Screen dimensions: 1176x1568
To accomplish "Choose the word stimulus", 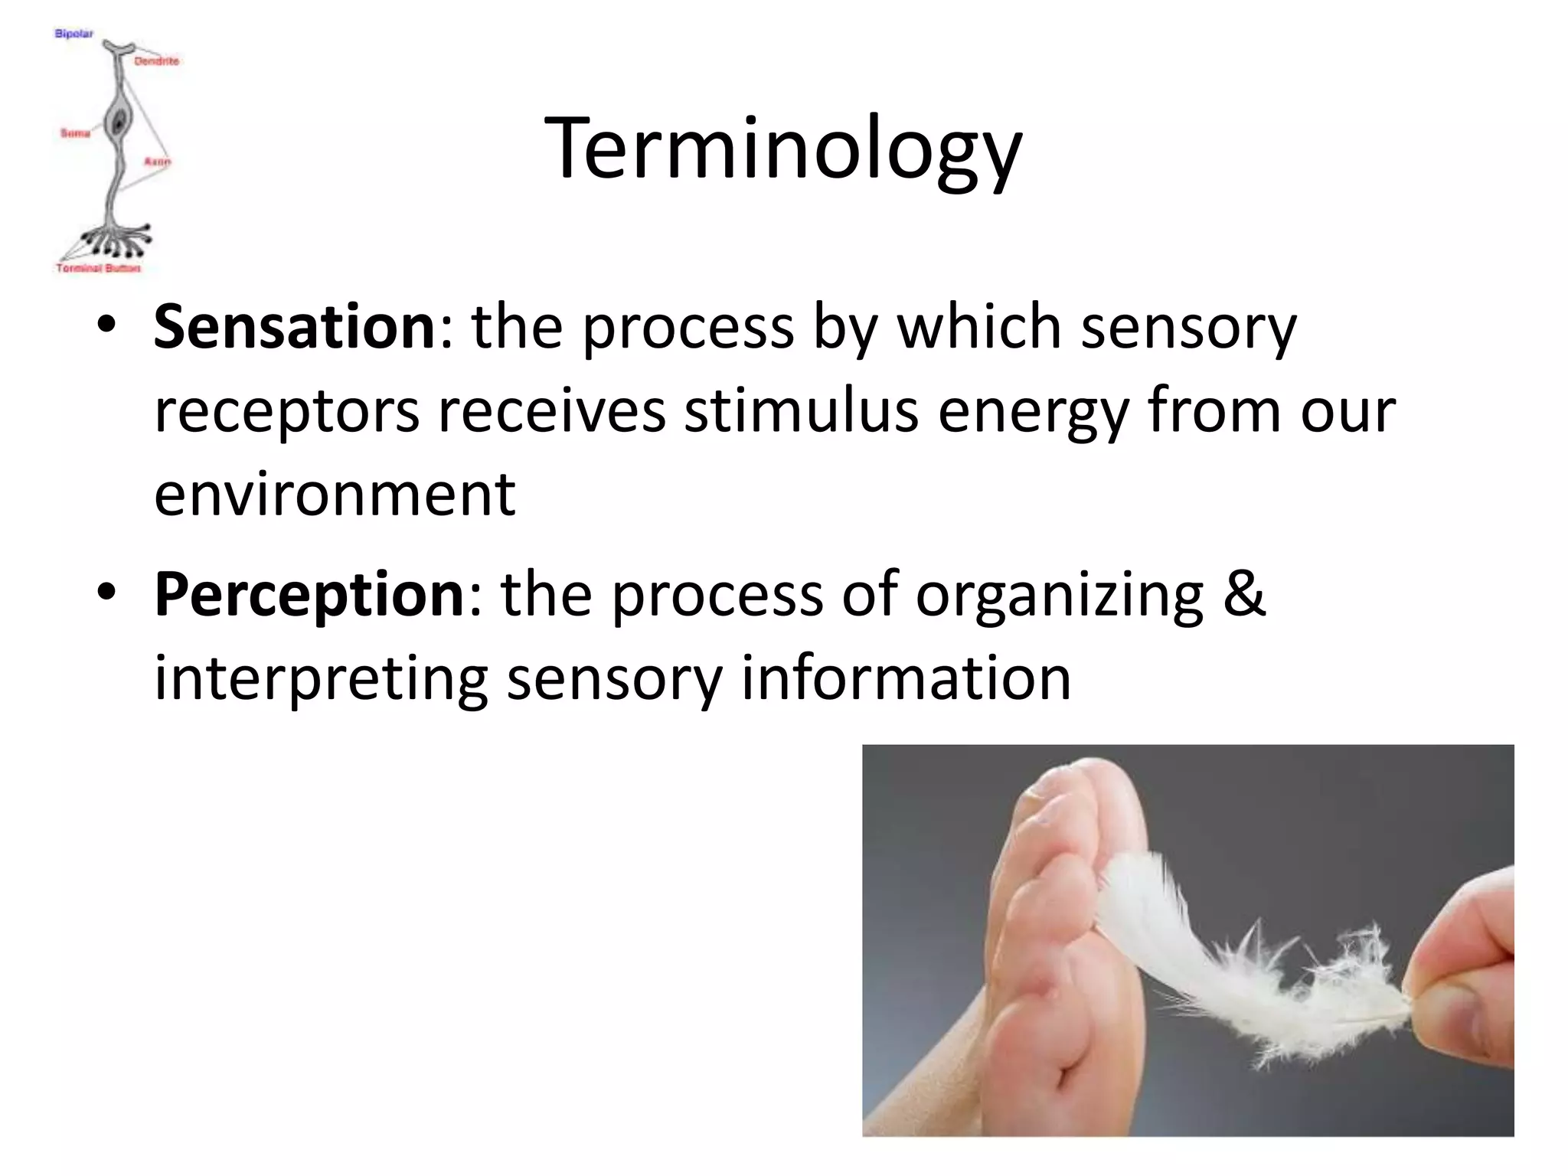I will point(801,410).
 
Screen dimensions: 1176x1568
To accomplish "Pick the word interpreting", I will point(321,678).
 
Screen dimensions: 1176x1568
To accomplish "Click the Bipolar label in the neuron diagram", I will point(73,34).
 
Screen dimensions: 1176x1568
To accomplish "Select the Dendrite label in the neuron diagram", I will point(156,60).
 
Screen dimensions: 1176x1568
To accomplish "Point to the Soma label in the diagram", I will point(75,133).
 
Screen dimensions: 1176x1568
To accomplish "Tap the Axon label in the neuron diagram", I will point(157,162).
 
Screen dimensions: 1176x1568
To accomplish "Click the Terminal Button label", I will point(98,268).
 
